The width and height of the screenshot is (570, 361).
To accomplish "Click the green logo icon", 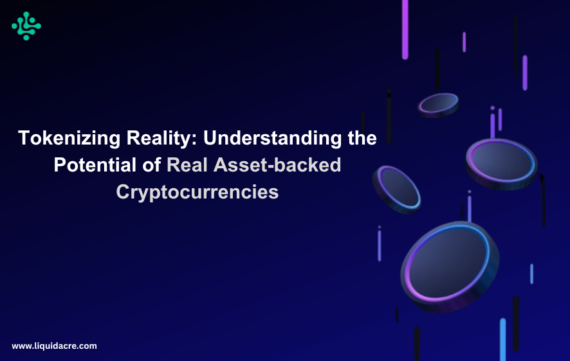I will click(x=26, y=26).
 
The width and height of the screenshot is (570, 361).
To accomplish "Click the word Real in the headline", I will click(x=188, y=164).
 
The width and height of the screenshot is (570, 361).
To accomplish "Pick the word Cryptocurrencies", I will click(x=198, y=191).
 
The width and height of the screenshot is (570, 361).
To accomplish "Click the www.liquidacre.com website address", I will click(x=54, y=346).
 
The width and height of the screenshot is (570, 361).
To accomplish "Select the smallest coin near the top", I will click(x=438, y=104).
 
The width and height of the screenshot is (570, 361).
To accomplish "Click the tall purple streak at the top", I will click(x=405, y=29).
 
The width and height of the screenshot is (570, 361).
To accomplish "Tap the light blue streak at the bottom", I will click(x=502, y=339).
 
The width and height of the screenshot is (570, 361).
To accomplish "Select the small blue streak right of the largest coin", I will click(x=531, y=274).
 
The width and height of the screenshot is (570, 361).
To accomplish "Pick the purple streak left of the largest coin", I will click(x=380, y=245).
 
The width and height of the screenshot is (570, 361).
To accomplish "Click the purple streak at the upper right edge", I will click(x=525, y=72).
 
